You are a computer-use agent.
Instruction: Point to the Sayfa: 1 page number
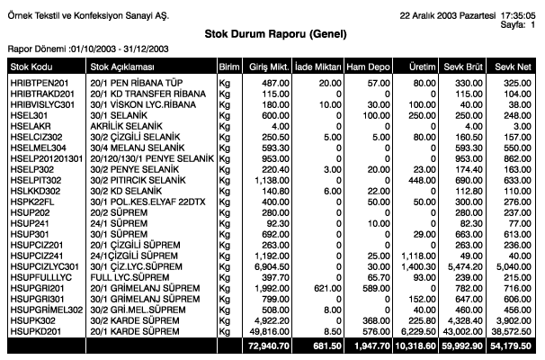point(516,25)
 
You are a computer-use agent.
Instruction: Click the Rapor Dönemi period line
point(77,48)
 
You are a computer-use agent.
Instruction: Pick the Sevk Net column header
point(517,67)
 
